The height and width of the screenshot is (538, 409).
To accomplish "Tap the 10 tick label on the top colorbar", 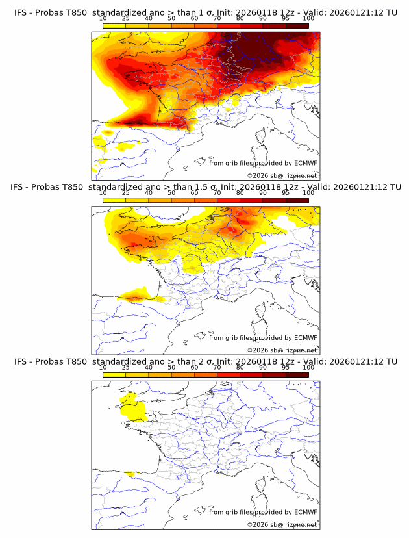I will click(x=103, y=18).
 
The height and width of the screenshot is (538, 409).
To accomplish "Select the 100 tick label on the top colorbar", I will click(x=308, y=18).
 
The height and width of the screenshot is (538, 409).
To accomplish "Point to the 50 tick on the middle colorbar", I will click(x=171, y=193).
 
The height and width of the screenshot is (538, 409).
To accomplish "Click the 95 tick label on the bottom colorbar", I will click(x=286, y=368).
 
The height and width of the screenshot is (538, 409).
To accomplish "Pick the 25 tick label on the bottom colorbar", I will click(x=126, y=368).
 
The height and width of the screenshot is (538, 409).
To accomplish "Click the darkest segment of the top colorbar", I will click(x=297, y=25).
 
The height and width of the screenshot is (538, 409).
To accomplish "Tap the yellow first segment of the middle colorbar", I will click(x=114, y=200).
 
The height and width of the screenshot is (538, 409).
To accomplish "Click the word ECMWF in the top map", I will click(x=306, y=163).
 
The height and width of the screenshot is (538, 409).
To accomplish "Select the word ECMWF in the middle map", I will click(x=306, y=338).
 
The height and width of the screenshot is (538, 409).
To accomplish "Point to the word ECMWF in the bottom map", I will click(x=306, y=512).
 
